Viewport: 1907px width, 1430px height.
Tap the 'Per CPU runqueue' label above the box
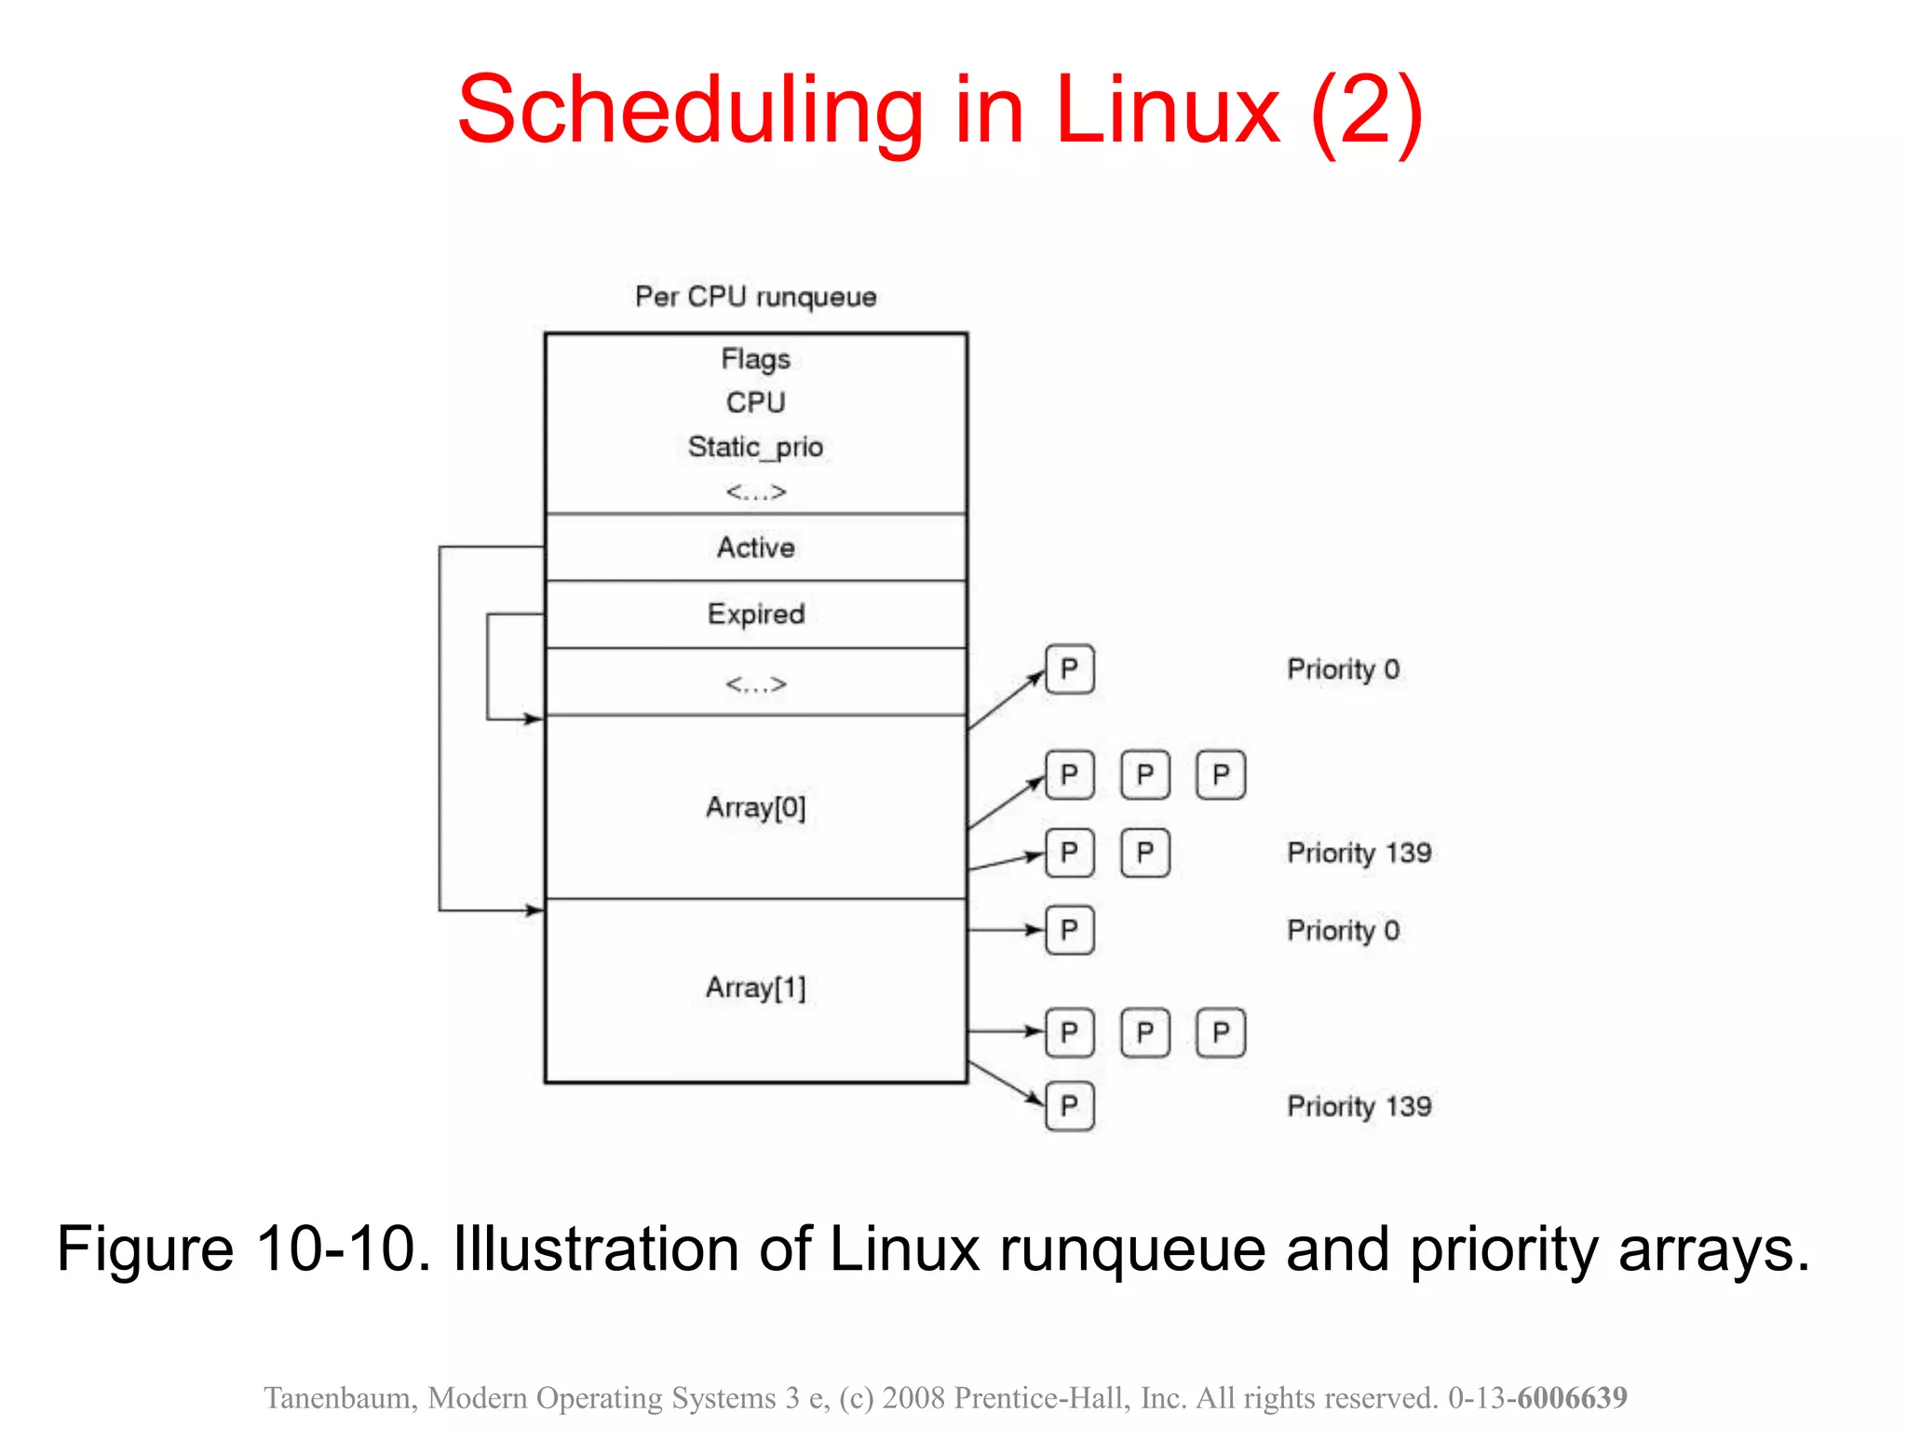point(755,297)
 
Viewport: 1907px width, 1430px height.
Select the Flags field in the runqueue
point(755,359)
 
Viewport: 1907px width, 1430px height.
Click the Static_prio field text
point(755,447)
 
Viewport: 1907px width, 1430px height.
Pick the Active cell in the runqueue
point(755,547)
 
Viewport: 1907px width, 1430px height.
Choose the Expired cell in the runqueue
point(755,614)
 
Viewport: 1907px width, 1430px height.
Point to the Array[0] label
point(755,807)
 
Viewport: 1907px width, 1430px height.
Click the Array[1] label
point(755,988)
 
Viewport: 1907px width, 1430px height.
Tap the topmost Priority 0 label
point(1343,669)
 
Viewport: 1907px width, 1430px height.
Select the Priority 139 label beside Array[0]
point(1359,853)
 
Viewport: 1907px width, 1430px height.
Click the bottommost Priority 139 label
point(1359,1107)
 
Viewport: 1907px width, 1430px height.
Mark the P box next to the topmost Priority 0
point(1069,669)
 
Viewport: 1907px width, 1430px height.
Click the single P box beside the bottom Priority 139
point(1069,1107)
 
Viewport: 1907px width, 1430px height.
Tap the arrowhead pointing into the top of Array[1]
point(534,910)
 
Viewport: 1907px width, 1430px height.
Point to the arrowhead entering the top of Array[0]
point(534,719)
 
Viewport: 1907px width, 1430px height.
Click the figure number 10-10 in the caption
point(343,1248)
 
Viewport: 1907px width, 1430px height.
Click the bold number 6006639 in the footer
point(1572,1397)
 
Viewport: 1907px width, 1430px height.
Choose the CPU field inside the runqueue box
point(755,403)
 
